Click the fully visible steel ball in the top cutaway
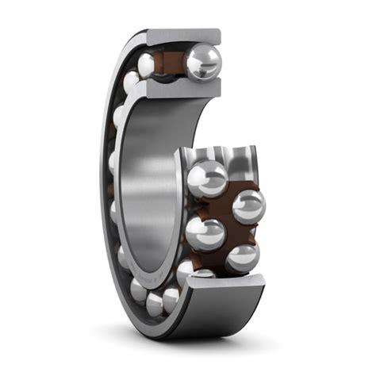(203, 61)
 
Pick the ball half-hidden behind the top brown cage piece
(148, 64)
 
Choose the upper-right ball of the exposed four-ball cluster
(247, 205)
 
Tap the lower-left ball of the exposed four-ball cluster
(205, 235)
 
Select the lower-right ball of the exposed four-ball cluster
(242, 257)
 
